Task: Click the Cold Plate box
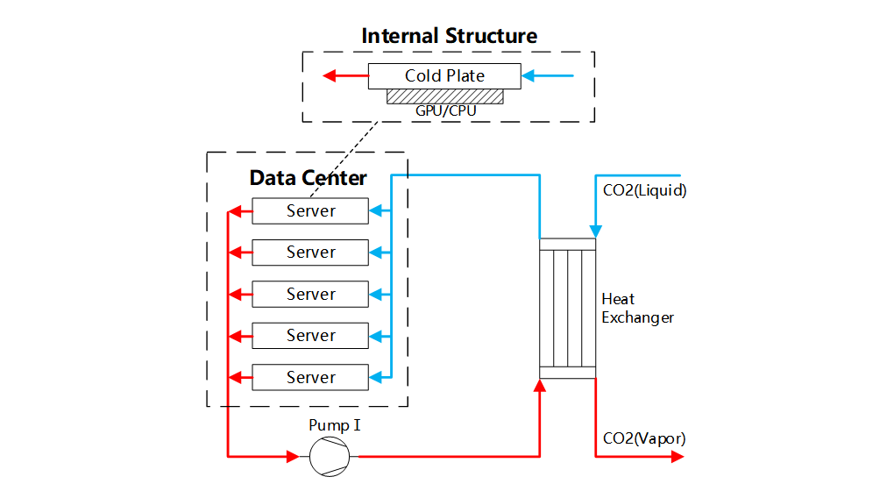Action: [x=444, y=75]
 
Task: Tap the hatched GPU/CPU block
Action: [x=444, y=96]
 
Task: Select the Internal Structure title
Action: [x=449, y=36]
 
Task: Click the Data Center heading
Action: [x=308, y=178]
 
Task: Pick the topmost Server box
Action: [x=310, y=210]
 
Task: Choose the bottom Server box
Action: [x=310, y=377]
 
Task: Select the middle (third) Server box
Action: [x=310, y=294]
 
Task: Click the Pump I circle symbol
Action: [x=330, y=456]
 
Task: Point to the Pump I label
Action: [x=335, y=425]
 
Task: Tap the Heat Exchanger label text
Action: [x=637, y=308]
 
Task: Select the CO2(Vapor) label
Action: [x=644, y=438]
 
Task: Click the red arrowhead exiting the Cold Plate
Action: [x=330, y=75]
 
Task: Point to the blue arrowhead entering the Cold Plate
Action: [x=529, y=75]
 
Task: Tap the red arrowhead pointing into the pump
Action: [x=293, y=456]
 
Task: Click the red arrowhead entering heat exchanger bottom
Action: [x=539, y=387]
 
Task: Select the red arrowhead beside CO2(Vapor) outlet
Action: [x=676, y=456]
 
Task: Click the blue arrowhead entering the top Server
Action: [x=375, y=210]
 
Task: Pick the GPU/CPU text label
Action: [x=445, y=111]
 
